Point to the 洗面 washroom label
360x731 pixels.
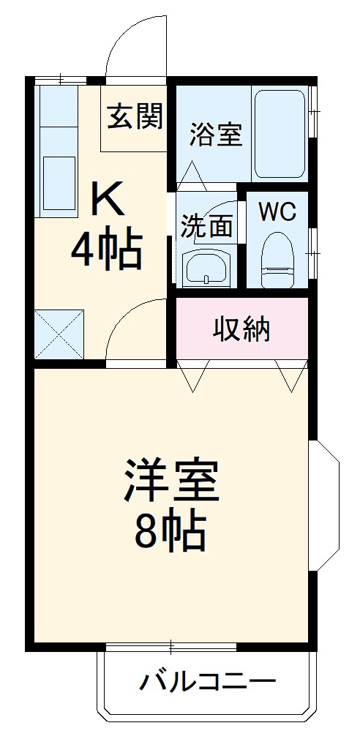[207, 226]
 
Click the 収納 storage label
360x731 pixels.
[241, 329]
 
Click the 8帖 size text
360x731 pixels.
[169, 533]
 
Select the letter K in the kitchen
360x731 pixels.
[108, 199]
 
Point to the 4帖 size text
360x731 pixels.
[105, 251]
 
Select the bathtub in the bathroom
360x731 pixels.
[280, 134]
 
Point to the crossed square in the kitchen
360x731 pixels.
[59, 334]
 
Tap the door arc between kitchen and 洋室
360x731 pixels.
[139, 329]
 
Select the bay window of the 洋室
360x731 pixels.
[326, 505]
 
